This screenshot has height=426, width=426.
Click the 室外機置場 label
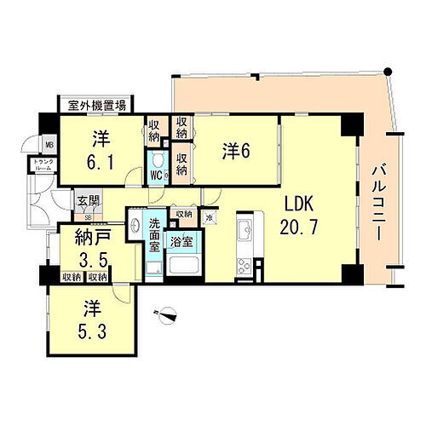click(98, 105)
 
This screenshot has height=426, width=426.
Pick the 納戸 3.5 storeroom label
click(83, 248)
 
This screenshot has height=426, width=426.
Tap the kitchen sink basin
click(243, 229)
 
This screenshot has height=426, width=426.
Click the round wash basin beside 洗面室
click(136, 227)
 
